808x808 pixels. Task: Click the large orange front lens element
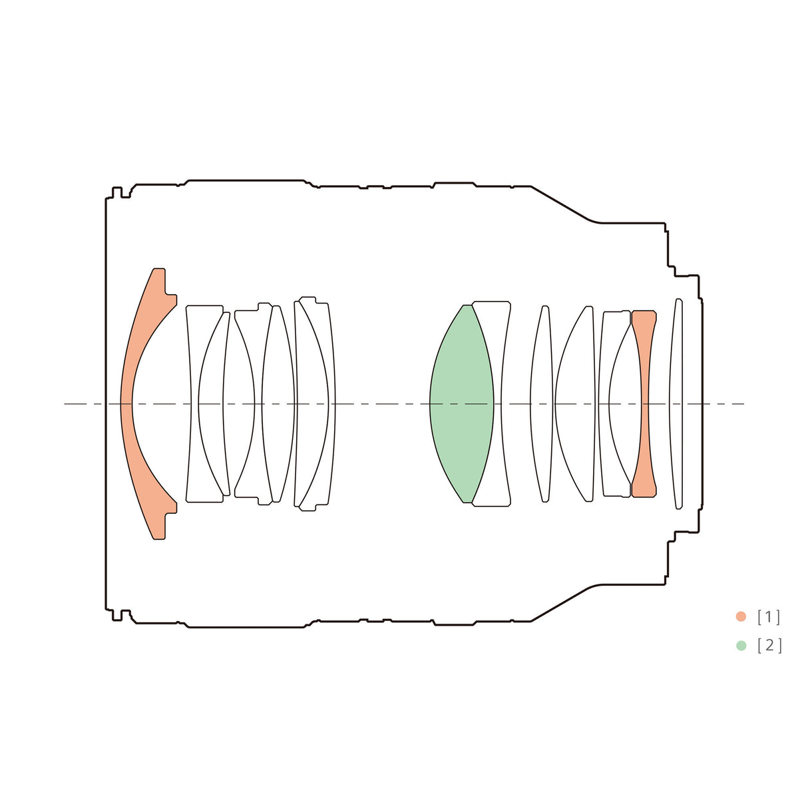[x=126, y=403]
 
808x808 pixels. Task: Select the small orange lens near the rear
[x=644, y=403]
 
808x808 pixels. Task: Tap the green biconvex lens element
[x=462, y=403]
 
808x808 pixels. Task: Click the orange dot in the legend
[x=741, y=616]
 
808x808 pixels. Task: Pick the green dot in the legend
[x=741, y=646]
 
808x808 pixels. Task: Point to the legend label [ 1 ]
[x=769, y=617]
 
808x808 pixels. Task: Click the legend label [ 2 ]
[x=769, y=646]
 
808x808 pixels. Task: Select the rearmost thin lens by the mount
[x=676, y=403]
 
